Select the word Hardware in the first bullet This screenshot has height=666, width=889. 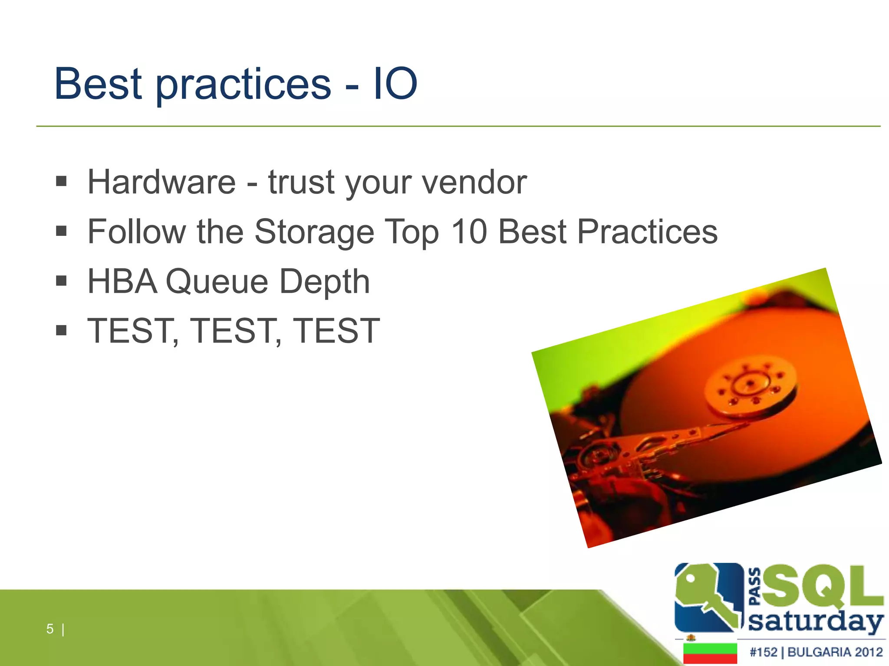click(161, 182)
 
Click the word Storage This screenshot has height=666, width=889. click(314, 232)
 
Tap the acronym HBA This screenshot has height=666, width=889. click(122, 281)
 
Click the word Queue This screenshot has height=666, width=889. click(217, 282)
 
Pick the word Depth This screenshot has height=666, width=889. click(324, 282)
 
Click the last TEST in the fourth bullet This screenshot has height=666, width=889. click(336, 331)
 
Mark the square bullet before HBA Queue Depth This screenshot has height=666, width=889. click(61, 281)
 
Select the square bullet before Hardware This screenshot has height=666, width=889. click(61, 181)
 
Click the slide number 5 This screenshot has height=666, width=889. click(50, 629)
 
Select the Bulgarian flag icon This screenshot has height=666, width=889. click(710, 653)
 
